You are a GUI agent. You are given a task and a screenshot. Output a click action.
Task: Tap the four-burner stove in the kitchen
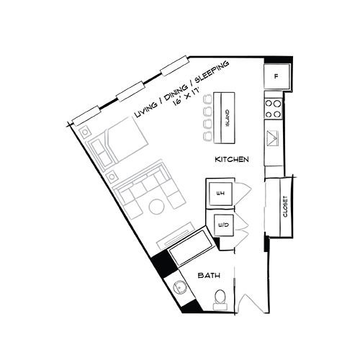point(274,108)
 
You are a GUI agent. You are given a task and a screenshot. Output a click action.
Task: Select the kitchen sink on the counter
point(274,138)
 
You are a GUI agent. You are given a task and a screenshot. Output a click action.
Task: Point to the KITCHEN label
point(232,159)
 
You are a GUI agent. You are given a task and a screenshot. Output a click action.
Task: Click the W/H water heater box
point(221,192)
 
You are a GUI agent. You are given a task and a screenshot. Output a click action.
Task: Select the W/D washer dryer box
point(222,226)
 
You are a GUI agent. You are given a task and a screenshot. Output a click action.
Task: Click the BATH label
point(210,275)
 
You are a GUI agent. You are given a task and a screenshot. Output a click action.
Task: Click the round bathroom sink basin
point(181,289)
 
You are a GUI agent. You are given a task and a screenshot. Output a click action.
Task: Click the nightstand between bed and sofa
point(111,175)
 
